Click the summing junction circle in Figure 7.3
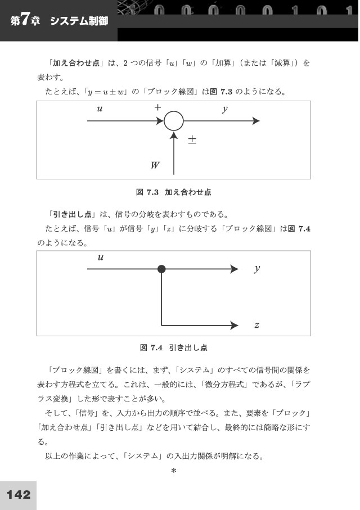[x=164, y=121]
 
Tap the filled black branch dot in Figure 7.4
[x=161, y=269]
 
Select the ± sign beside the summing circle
[x=192, y=140]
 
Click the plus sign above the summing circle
[x=157, y=107]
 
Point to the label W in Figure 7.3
[x=155, y=165]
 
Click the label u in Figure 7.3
[x=100, y=109]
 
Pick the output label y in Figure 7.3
[x=225, y=109]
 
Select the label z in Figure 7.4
[x=257, y=325]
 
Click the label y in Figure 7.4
[x=257, y=269]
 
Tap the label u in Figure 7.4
[x=101, y=258]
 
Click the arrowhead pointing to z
[x=235, y=325]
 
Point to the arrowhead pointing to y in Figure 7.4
[x=235, y=269]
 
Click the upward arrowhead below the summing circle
[x=174, y=136]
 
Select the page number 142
[x=19, y=495]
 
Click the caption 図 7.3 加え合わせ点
[x=173, y=192]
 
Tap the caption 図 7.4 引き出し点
[x=173, y=347]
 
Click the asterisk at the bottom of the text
[x=173, y=471]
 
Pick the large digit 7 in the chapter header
[x=26, y=20]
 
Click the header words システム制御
[x=79, y=21]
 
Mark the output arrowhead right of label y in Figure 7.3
[x=256, y=121]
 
